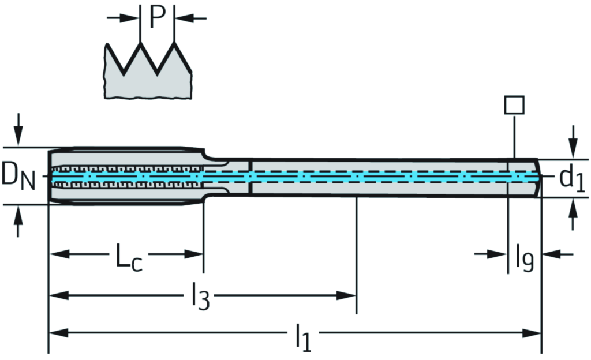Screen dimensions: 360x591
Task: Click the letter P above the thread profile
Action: click(157, 18)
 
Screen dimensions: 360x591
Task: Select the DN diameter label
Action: click(18, 176)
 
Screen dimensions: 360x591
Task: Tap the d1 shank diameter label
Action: click(571, 181)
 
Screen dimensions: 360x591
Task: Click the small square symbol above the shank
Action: click(514, 105)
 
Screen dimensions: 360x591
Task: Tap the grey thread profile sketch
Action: click(147, 75)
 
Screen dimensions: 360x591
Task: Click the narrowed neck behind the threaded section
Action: click(228, 176)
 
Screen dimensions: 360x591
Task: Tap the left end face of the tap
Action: click(49, 176)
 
